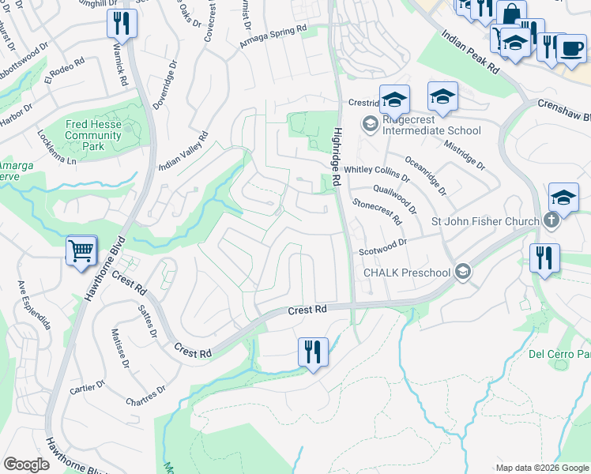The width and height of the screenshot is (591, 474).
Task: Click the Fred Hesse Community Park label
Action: click(93, 135)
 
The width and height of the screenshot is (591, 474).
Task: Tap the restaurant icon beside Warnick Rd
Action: click(122, 24)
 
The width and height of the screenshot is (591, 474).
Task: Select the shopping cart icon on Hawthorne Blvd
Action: click(81, 252)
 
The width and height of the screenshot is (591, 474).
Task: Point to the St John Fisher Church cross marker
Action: click(551, 222)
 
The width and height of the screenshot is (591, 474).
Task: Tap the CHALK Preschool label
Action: click(406, 273)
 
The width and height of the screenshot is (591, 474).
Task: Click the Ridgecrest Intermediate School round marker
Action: click(369, 124)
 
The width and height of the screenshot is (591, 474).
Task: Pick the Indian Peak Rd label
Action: click(470, 52)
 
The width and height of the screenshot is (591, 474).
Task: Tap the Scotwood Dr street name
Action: click(382, 246)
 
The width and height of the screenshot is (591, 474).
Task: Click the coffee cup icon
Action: click(571, 48)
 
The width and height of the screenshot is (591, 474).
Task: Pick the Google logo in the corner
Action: click(26, 465)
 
